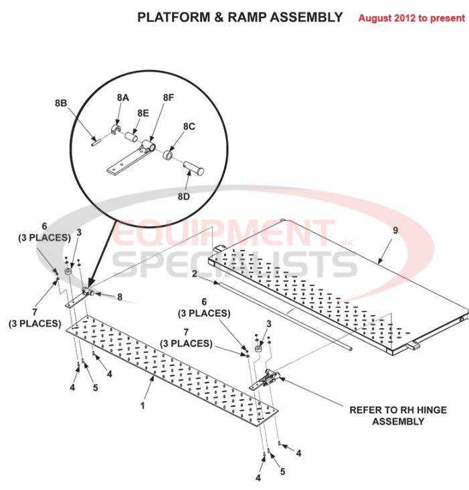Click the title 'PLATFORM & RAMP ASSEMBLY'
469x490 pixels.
pos(240,17)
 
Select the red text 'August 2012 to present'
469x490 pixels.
pos(411,18)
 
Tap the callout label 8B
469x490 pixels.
pos(61,103)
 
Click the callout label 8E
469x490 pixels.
pos(143,113)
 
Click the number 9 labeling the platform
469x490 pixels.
pos(395,230)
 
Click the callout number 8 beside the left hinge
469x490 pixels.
pos(119,297)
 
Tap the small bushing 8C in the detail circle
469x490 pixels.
pos(169,156)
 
